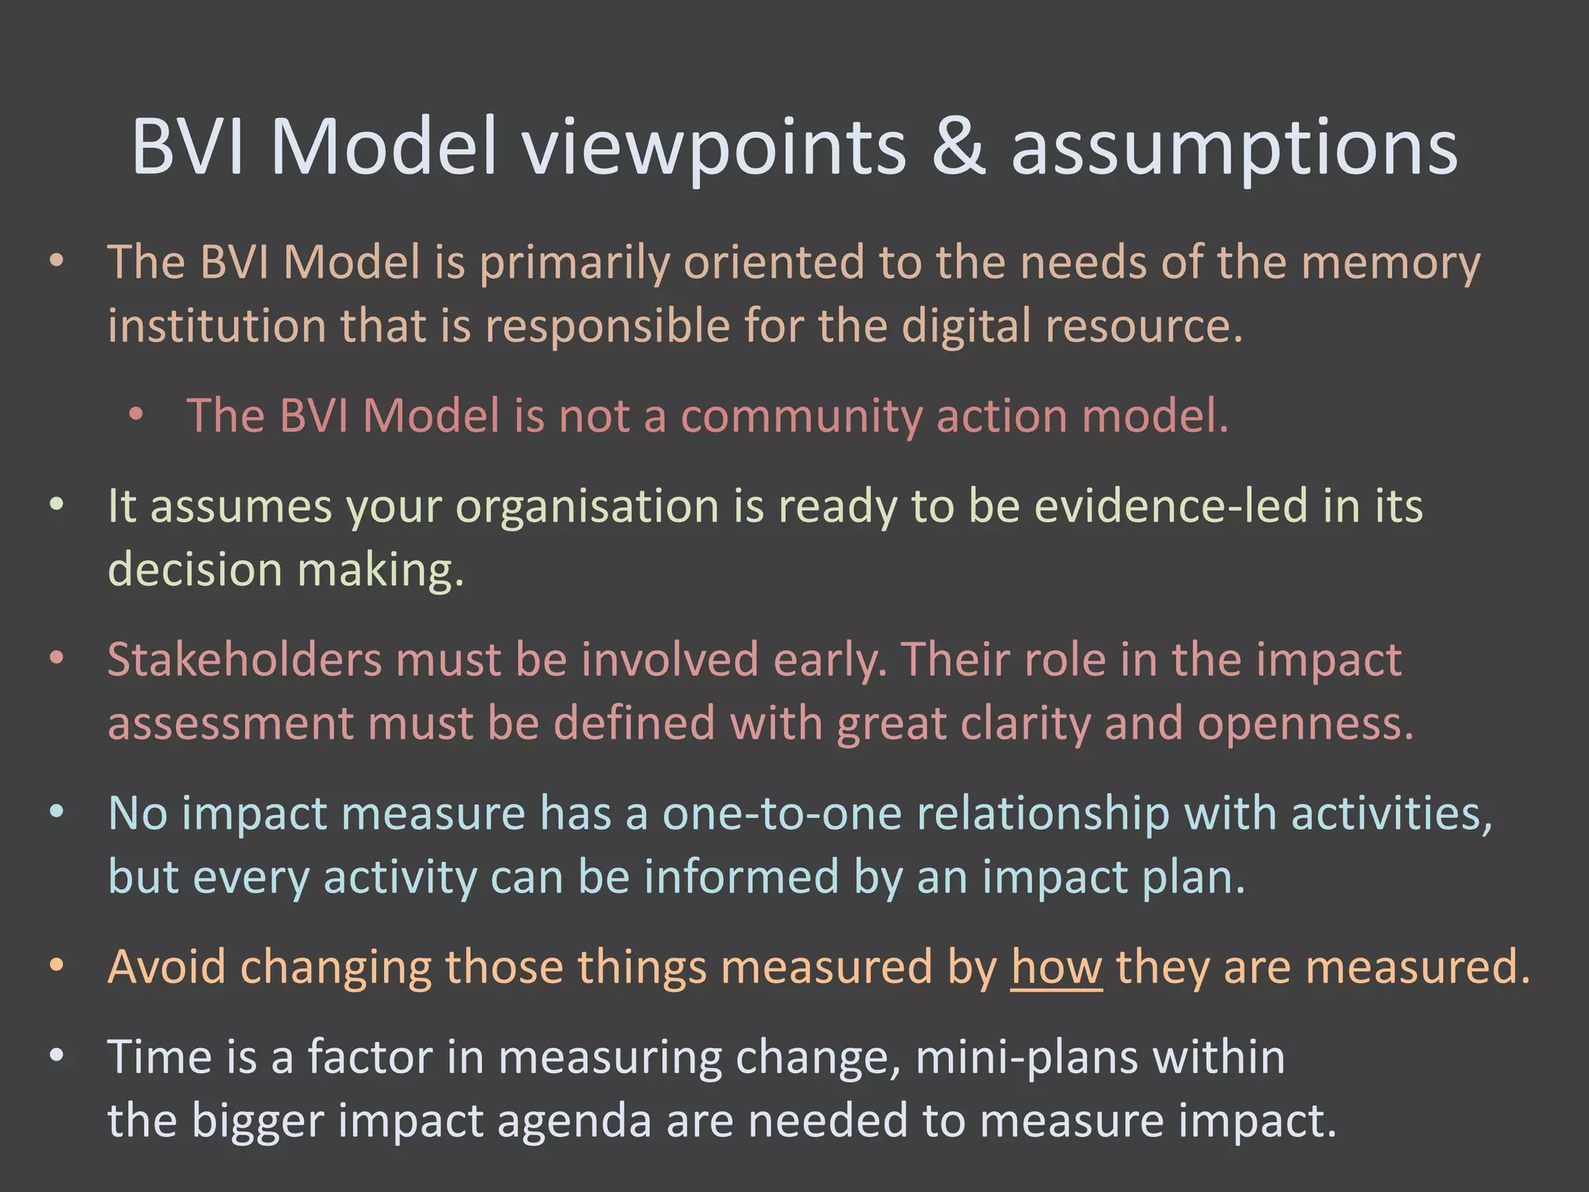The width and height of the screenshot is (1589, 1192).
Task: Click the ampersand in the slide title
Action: [958, 147]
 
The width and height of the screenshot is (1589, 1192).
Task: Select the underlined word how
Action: [1056, 968]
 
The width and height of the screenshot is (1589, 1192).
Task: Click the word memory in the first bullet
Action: [1390, 264]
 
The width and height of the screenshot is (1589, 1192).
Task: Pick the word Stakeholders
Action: [244, 660]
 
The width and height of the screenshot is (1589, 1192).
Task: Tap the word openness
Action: [1305, 723]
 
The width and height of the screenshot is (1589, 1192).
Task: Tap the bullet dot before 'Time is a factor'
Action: [56, 1056]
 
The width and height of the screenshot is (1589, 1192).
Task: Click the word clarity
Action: [1025, 723]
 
